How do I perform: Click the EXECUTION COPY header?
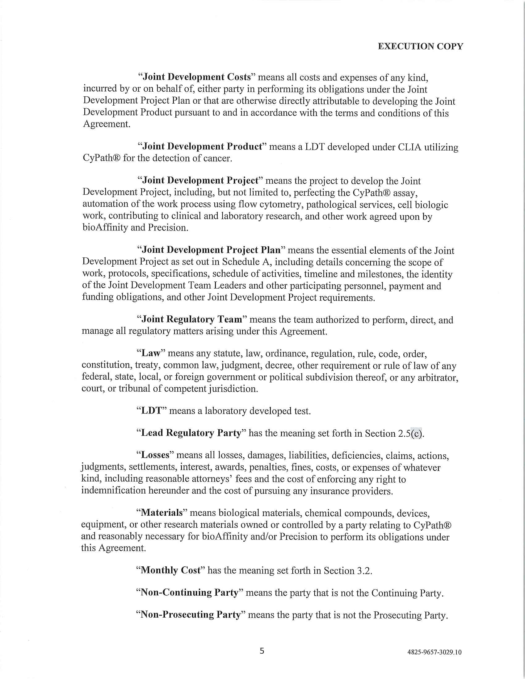[x=420, y=46]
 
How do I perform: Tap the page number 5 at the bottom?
[x=262, y=651]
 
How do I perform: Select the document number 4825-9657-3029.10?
[x=434, y=652]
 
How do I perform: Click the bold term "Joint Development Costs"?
[x=196, y=77]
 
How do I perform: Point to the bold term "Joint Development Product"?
[x=202, y=146]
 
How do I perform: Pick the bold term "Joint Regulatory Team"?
[x=191, y=319]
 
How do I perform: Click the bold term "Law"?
[x=150, y=353]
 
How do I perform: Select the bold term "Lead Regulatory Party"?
[x=191, y=433]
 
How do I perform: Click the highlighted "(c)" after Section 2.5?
[x=417, y=433]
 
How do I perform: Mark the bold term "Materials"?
[x=162, y=512]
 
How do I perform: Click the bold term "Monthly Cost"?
[x=171, y=570]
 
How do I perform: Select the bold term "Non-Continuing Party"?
[x=189, y=593]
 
